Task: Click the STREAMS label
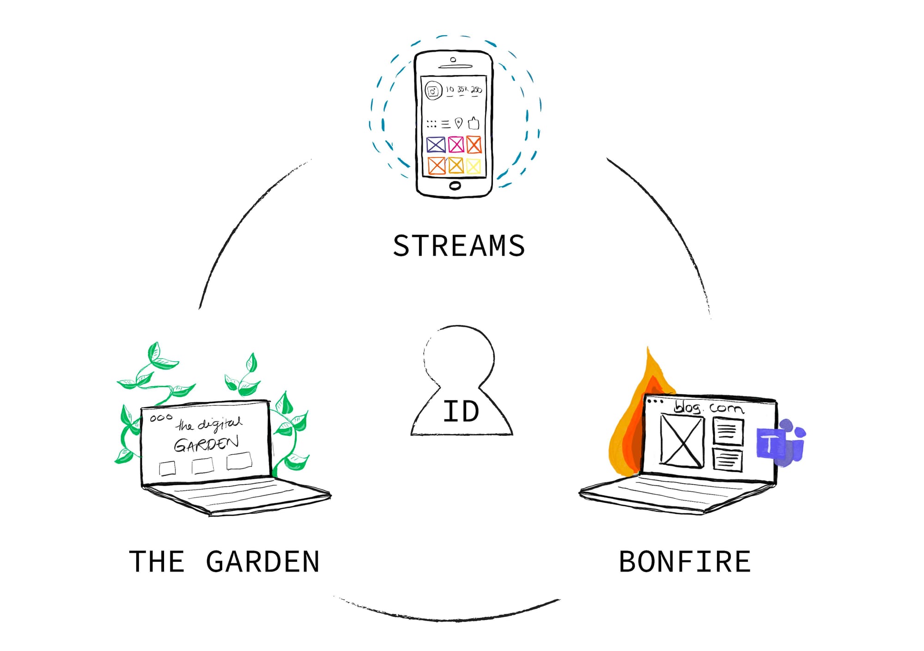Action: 459,246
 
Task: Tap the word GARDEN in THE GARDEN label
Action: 262,562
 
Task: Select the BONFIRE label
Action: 685,562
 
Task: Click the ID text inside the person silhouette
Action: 461,411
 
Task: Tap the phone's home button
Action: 455,186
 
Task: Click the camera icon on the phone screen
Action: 433,91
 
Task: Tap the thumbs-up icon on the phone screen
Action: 474,123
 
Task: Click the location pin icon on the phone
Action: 458,123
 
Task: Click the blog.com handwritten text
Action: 708,408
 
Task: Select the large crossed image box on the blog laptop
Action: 682,440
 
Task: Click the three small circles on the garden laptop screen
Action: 161,418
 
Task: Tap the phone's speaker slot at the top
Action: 456,66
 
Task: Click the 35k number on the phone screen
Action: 462,89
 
